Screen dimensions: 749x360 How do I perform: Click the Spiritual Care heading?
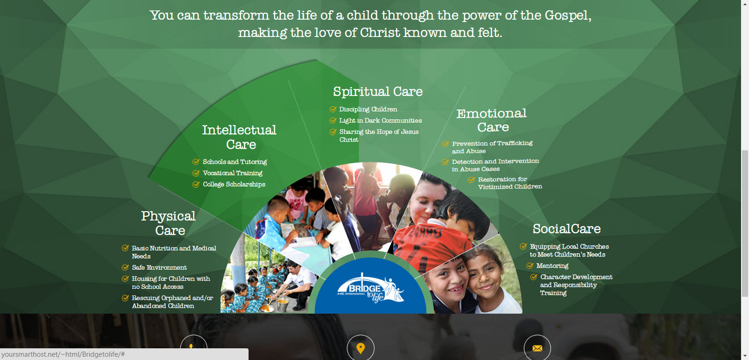click(x=378, y=92)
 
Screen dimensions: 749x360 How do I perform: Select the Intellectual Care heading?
click(x=239, y=137)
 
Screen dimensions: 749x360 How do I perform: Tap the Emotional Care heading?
click(x=492, y=120)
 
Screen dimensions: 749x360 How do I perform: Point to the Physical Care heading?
click(x=169, y=223)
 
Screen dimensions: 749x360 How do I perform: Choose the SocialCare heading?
click(x=567, y=228)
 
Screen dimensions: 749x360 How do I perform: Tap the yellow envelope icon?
click(x=537, y=348)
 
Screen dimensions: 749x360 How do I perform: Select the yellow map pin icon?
click(x=360, y=348)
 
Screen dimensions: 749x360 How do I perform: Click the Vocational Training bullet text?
click(x=233, y=173)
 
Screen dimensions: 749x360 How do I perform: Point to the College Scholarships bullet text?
click(x=234, y=184)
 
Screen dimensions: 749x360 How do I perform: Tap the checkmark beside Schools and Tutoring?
click(x=196, y=162)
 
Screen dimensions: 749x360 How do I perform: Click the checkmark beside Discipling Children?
click(x=333, y=109)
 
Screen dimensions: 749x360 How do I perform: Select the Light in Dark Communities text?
click(x=381, y=120)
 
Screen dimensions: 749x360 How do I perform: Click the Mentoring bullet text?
click(x=552, y=266)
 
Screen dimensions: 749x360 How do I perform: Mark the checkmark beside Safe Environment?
click(x=125, y=267)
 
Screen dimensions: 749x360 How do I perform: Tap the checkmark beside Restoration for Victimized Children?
click(x=471, y=180)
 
